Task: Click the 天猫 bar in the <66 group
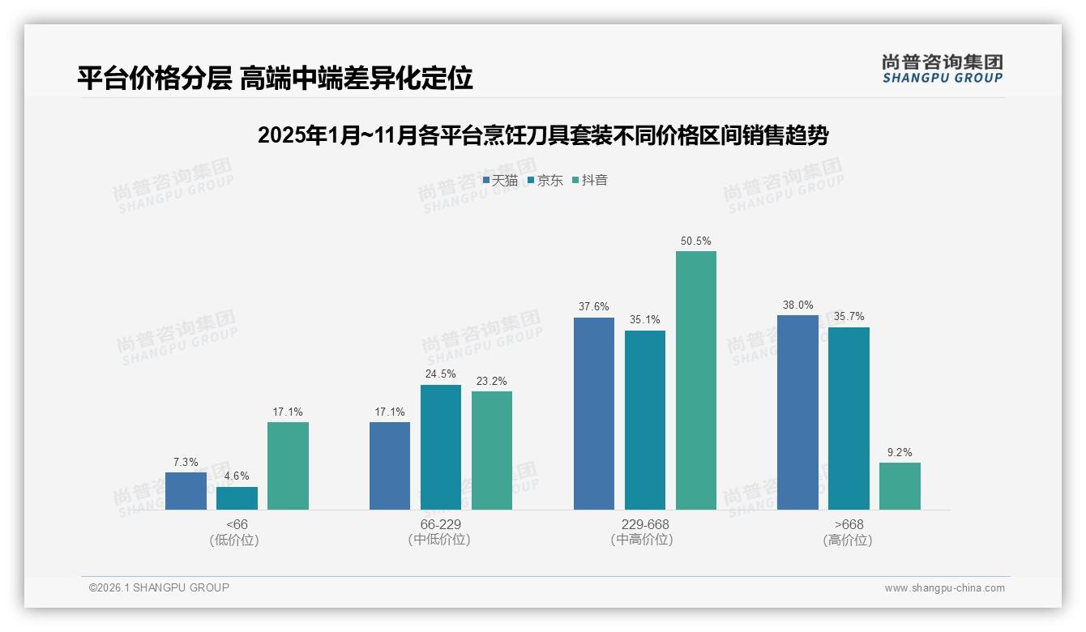coord(186,491)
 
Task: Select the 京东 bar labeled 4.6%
coord(237,498)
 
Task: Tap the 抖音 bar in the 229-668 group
coord(696,380)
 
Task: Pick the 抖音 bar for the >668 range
coord(900,486)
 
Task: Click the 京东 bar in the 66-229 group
coord(441,447)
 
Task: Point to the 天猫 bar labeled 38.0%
coord(797,412)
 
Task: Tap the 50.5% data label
coord(696,241)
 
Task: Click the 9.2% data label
coord(900,453)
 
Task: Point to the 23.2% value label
coord(492,382)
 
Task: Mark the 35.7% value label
coord(849,317)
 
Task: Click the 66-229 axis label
coord(440,524)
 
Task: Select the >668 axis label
coord(848,524)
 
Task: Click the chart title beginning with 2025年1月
coord(543,135)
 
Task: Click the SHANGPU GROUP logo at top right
coord(942,69)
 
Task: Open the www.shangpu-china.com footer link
coord(944,588)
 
